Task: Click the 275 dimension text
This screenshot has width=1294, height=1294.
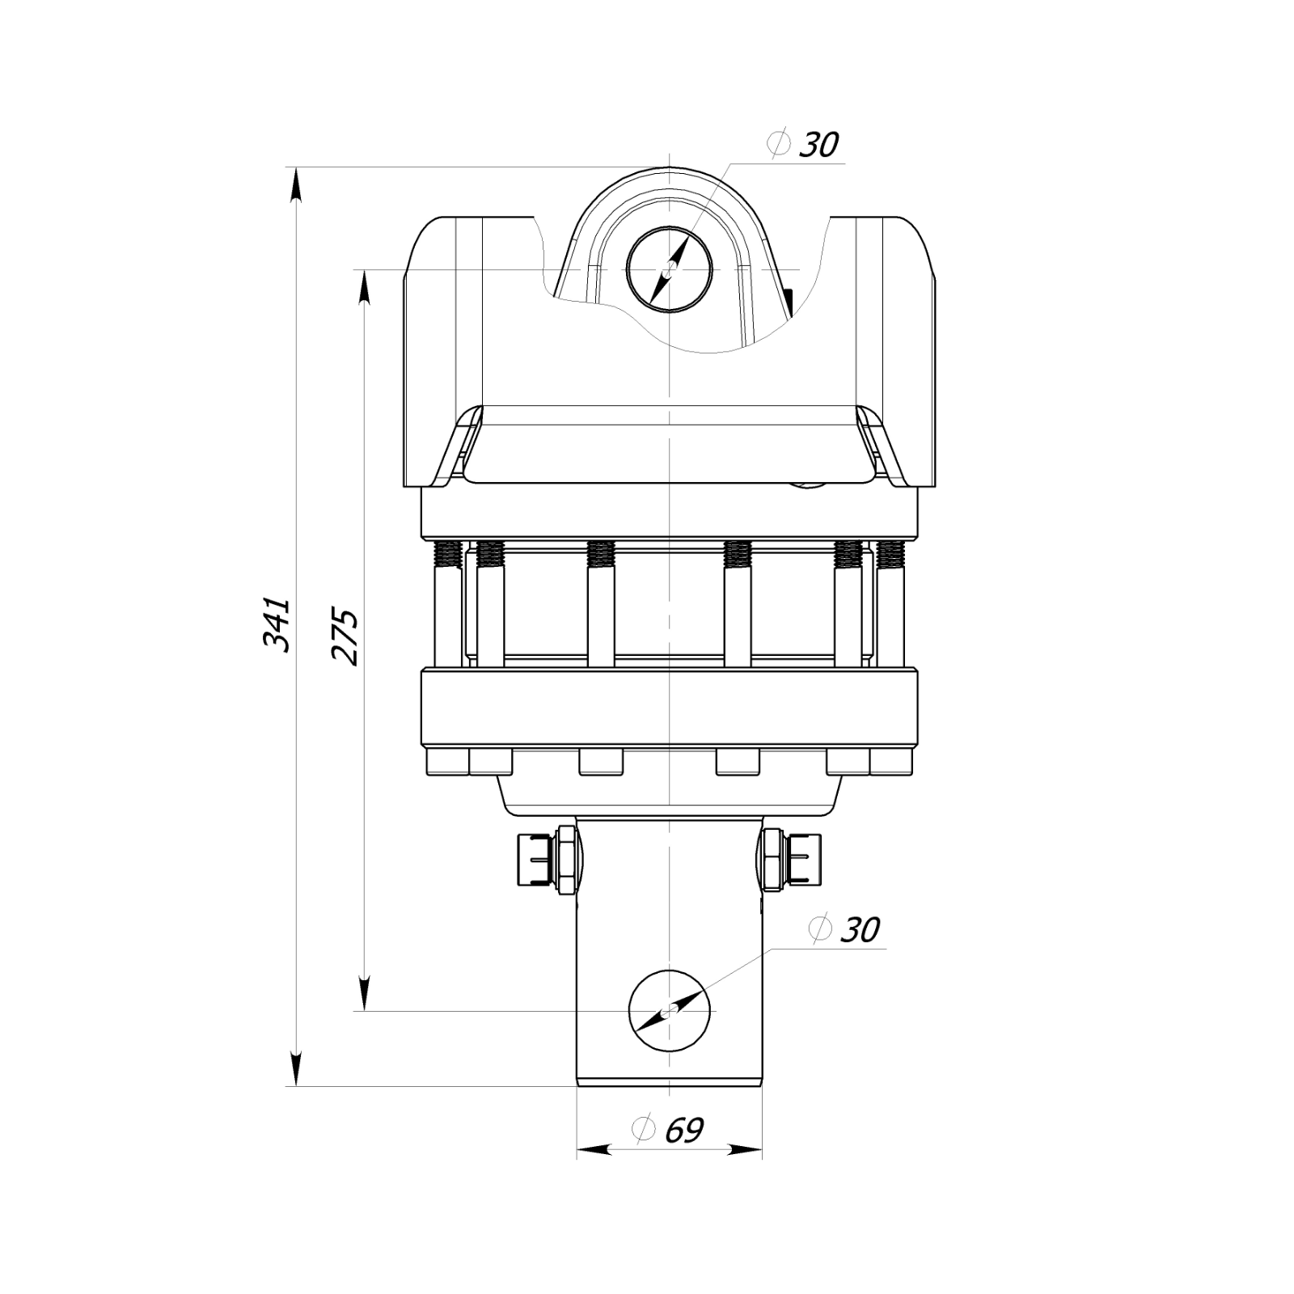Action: [x=345, y=636]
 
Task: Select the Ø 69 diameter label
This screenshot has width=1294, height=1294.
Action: [x=670, y=1130]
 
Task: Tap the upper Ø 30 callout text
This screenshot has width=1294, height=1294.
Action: [x=805, y=146]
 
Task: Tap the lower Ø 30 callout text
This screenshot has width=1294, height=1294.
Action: [x=845, y=930]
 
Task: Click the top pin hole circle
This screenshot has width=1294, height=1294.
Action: [x=669, y=269]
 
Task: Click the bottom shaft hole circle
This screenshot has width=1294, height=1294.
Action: [x=671, y=1011]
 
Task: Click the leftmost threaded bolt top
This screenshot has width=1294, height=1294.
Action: [x=448, y=554]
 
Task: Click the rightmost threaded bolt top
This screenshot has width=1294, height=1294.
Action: [x=890, y=554]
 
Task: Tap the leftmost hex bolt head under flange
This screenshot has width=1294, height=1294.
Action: [x=445, y=763]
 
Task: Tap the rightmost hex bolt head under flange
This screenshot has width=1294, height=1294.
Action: [x=892, y=763]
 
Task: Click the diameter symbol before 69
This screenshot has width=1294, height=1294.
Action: [x=644, y=1129]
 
